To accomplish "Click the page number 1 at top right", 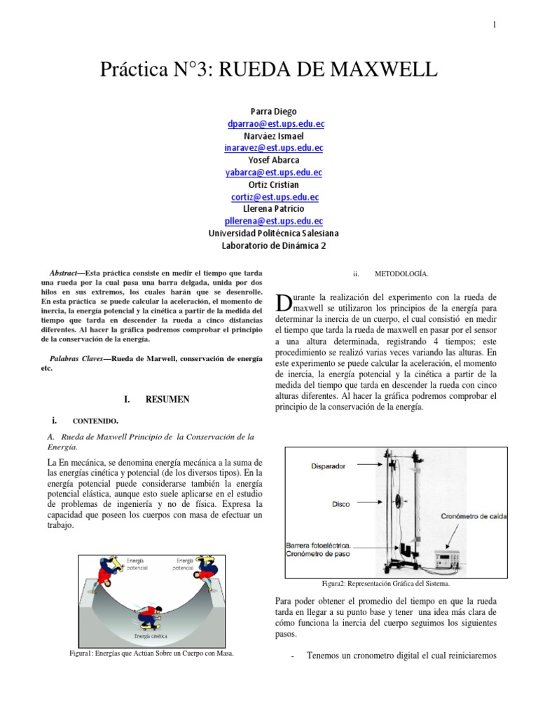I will (495, 25).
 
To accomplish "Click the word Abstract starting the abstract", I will (69, 273).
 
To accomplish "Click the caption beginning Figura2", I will (385, 583).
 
